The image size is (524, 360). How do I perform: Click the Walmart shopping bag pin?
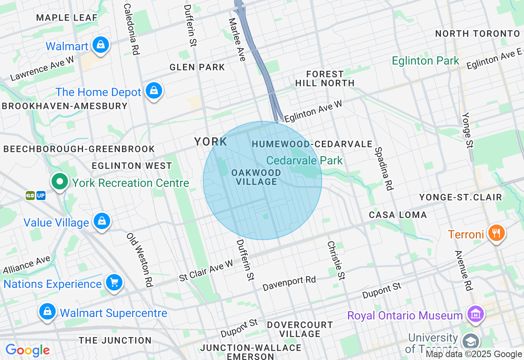point(100,45)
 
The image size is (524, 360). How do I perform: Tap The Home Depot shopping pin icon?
point(154,91)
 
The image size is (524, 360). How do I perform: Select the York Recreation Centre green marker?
point(60,182)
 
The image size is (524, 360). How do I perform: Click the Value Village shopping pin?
point(102,221)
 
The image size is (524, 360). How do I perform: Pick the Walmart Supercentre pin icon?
point(47,312)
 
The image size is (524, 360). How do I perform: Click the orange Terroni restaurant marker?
point(496,234)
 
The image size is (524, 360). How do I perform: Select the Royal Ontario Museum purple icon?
point(475,315)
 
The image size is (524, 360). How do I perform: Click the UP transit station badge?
point(41,196)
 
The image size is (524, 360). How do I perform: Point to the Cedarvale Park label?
point(304,160)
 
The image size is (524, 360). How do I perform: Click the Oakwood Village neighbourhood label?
point(256,177)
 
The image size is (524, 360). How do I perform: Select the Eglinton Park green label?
point(425,61)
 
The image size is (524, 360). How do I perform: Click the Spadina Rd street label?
point(384,169)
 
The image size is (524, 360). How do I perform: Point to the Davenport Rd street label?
point(289,283)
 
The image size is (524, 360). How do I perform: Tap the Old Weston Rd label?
point(140,259)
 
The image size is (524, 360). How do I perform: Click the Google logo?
point(27,350)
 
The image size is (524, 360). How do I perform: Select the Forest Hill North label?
point(325,78)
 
